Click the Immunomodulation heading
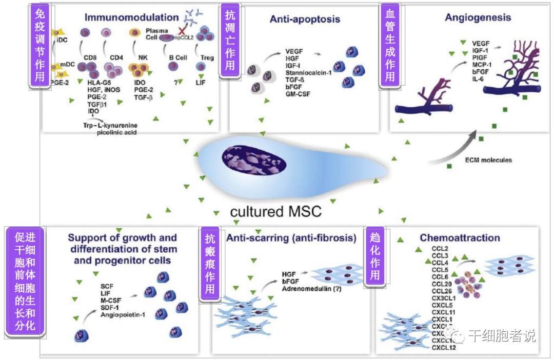[131, 17]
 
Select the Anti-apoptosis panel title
[305, 19]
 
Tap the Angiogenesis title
[478, 17]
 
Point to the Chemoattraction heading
[460, 238]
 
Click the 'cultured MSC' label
[275, 211]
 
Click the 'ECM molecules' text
[488, 160]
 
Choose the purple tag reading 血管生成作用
[390, 44]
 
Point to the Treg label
[207, 58]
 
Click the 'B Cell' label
[177, 58]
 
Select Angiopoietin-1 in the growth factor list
[123, 314]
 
